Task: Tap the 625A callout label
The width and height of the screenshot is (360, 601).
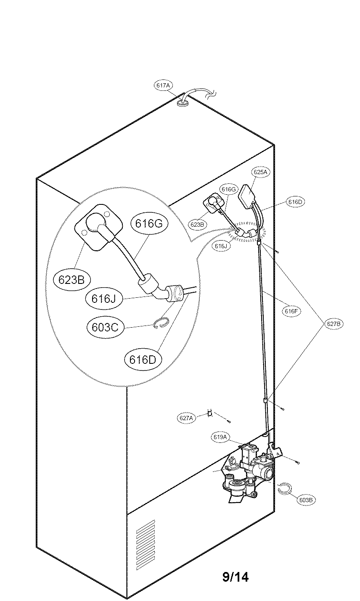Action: pyautogui.click(x=260, y=172)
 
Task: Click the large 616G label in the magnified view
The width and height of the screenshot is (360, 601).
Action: pyautogui.click(x=148, y=224)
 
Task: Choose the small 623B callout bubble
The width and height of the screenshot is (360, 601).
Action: pyautogui.click(x=197, y=225)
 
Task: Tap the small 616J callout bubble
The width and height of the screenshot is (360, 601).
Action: pyautogui.click(x=220, y=246)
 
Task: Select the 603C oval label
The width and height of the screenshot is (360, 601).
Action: pyautogui.click(x=105, y=327)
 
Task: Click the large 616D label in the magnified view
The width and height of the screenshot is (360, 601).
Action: pyautogui.click(x=143, y=359)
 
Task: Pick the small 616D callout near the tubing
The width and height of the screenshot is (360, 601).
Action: pyautogui.click(x=296, y=202)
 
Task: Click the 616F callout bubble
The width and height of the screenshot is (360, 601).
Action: pyautogui.click(x=291, y=311)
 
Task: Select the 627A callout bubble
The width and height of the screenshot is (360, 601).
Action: pyautogui.click(x=186, y=418)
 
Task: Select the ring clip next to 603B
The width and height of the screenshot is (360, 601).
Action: pyautogui.click(x=285, y=488)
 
